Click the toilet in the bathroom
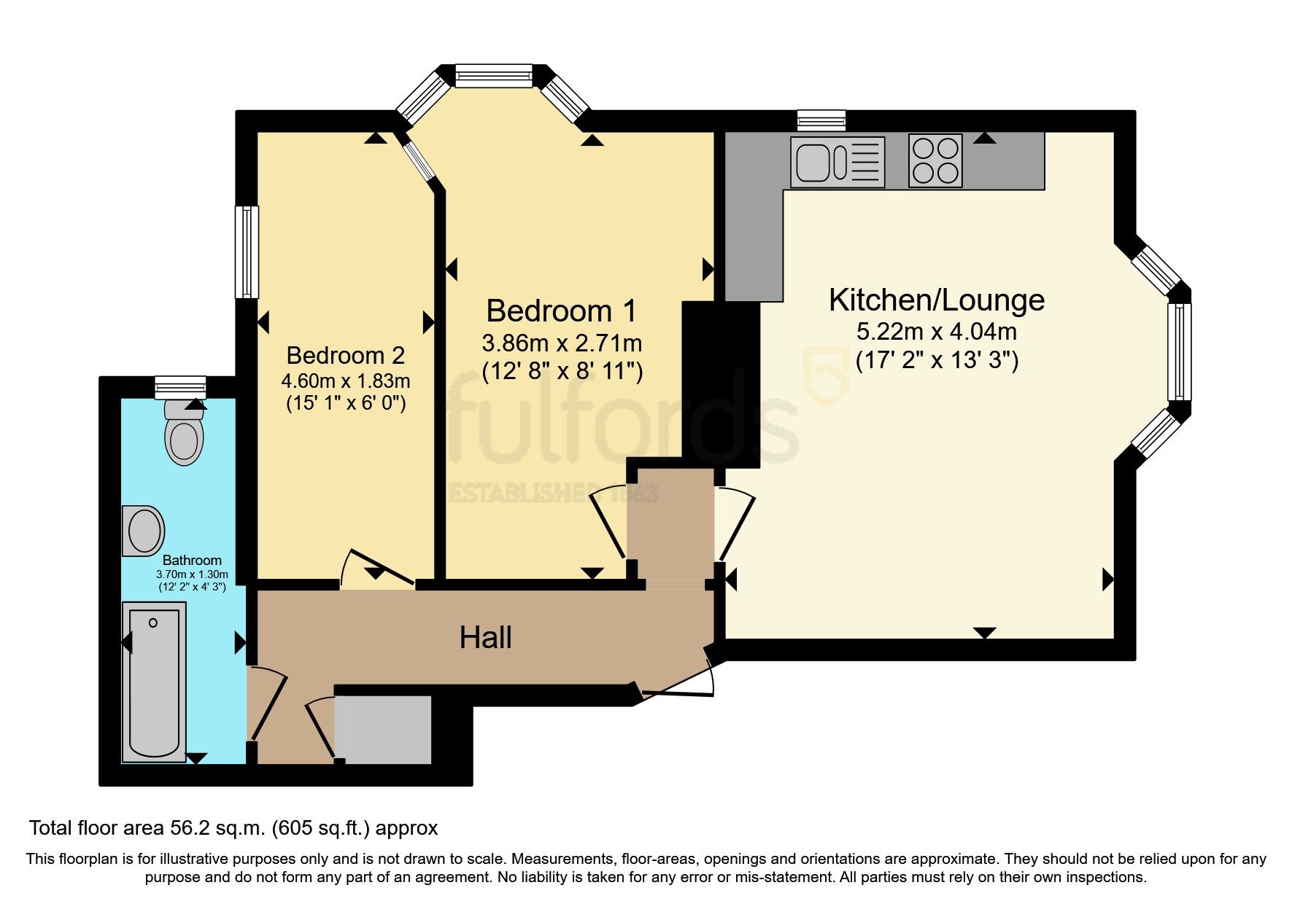(183, 435)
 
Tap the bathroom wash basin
(143, 530)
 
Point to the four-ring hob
(935, 160)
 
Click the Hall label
(485, 638)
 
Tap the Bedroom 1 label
(561, 311)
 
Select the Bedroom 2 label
(345, 355)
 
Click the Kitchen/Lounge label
(936, 300)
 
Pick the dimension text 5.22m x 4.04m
(936, 332)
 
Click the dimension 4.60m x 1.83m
(345, 381)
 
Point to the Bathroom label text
(192, 560)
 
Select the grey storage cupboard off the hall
(383, 729)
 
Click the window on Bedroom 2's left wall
(247, 252)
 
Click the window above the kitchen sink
(821, 120)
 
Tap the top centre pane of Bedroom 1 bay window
(494, 76)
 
